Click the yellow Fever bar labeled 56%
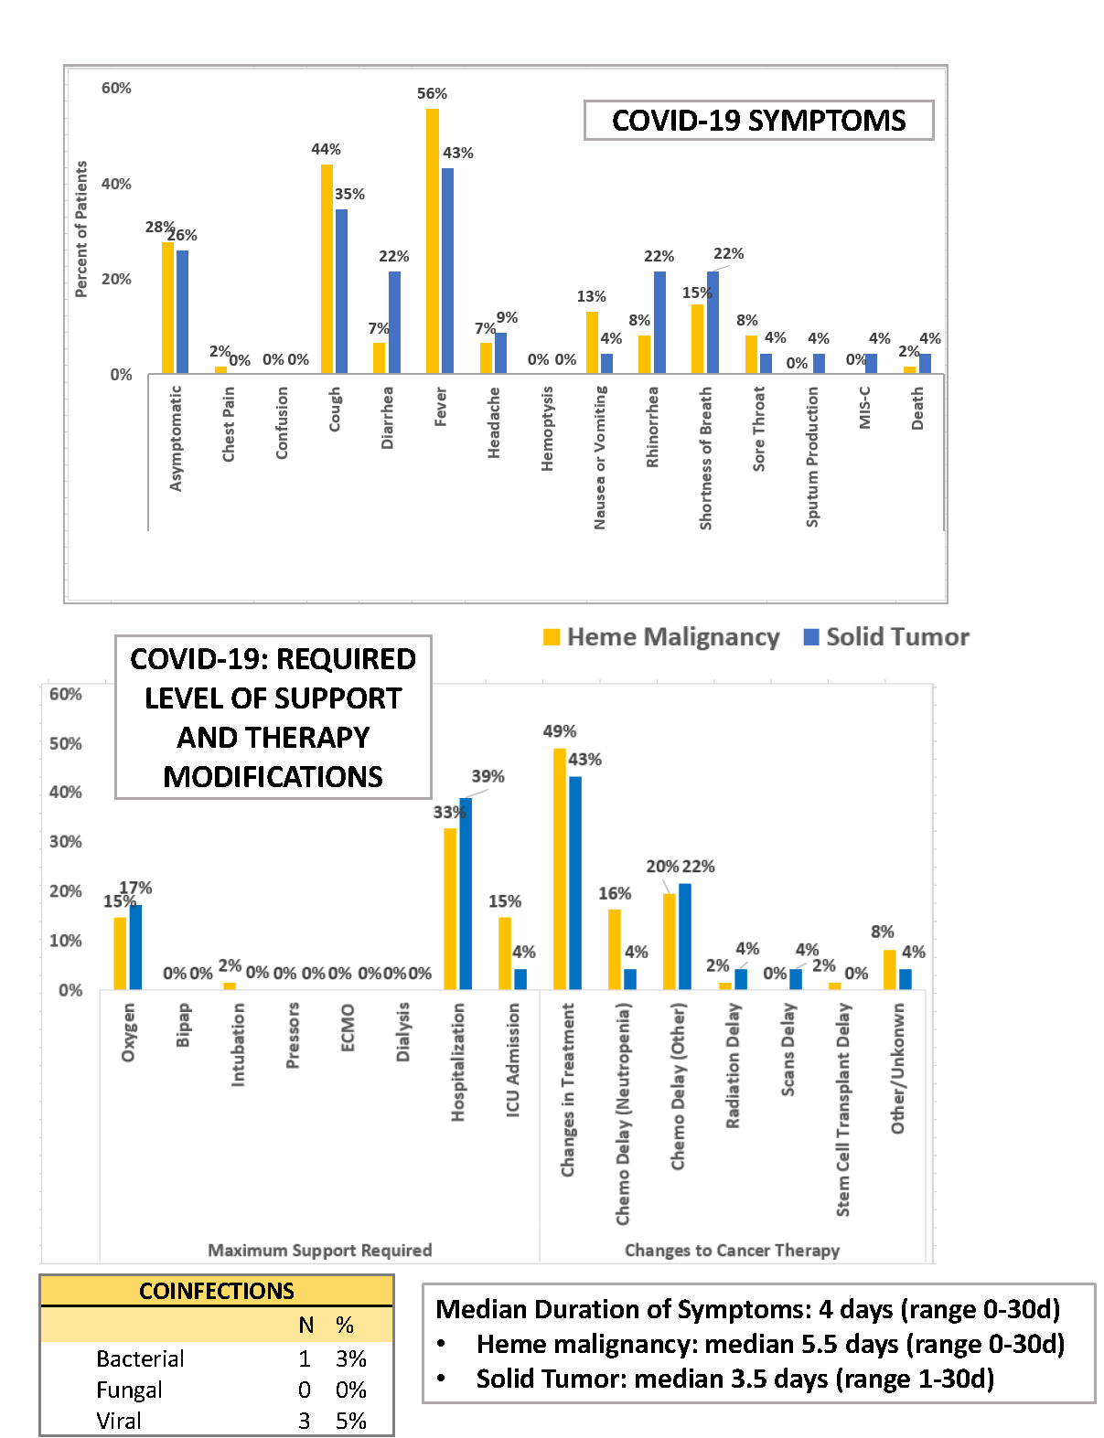pos(432,241)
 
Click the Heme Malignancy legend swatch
pos(552,637)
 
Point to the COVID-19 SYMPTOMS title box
pos(758,121)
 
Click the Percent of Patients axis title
pos(81,229)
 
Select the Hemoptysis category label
pos(547,429)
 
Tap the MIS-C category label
pos(864,408)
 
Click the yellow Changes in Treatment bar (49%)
pos(559,868)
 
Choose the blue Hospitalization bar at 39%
pos(466,893)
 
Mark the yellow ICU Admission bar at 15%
pos(505,953)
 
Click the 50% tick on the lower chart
pos(66,743)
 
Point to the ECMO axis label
pos(348,1028)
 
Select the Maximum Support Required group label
pos(319,1250)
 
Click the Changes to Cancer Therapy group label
pos(732,1250)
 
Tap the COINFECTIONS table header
pos(217,1291)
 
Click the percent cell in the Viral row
pos(350,1421)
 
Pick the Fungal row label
pos(129,1390)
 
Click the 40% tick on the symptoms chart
pos(116,184)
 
